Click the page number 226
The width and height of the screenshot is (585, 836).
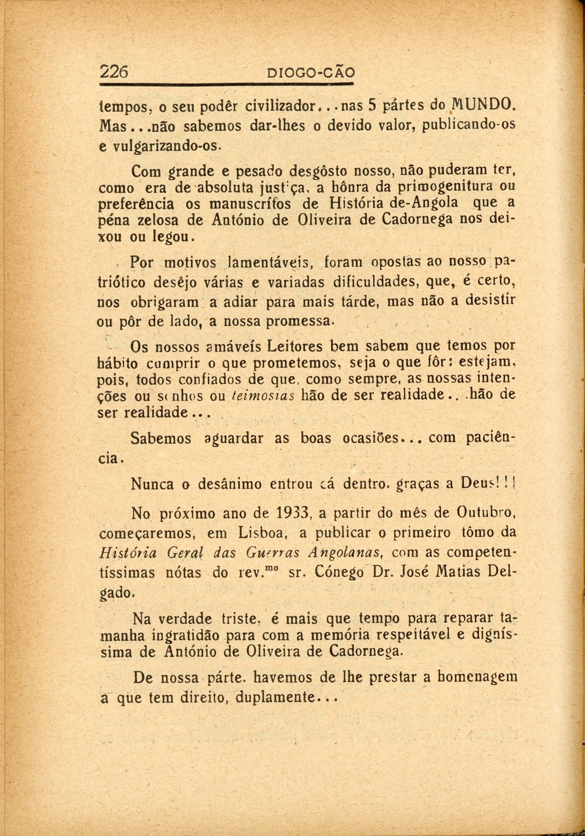[114, 72]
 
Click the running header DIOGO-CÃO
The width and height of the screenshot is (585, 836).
[312, 73]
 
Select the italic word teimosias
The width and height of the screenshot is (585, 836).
[263, 395]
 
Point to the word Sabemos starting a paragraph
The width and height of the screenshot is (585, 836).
[161, 438]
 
